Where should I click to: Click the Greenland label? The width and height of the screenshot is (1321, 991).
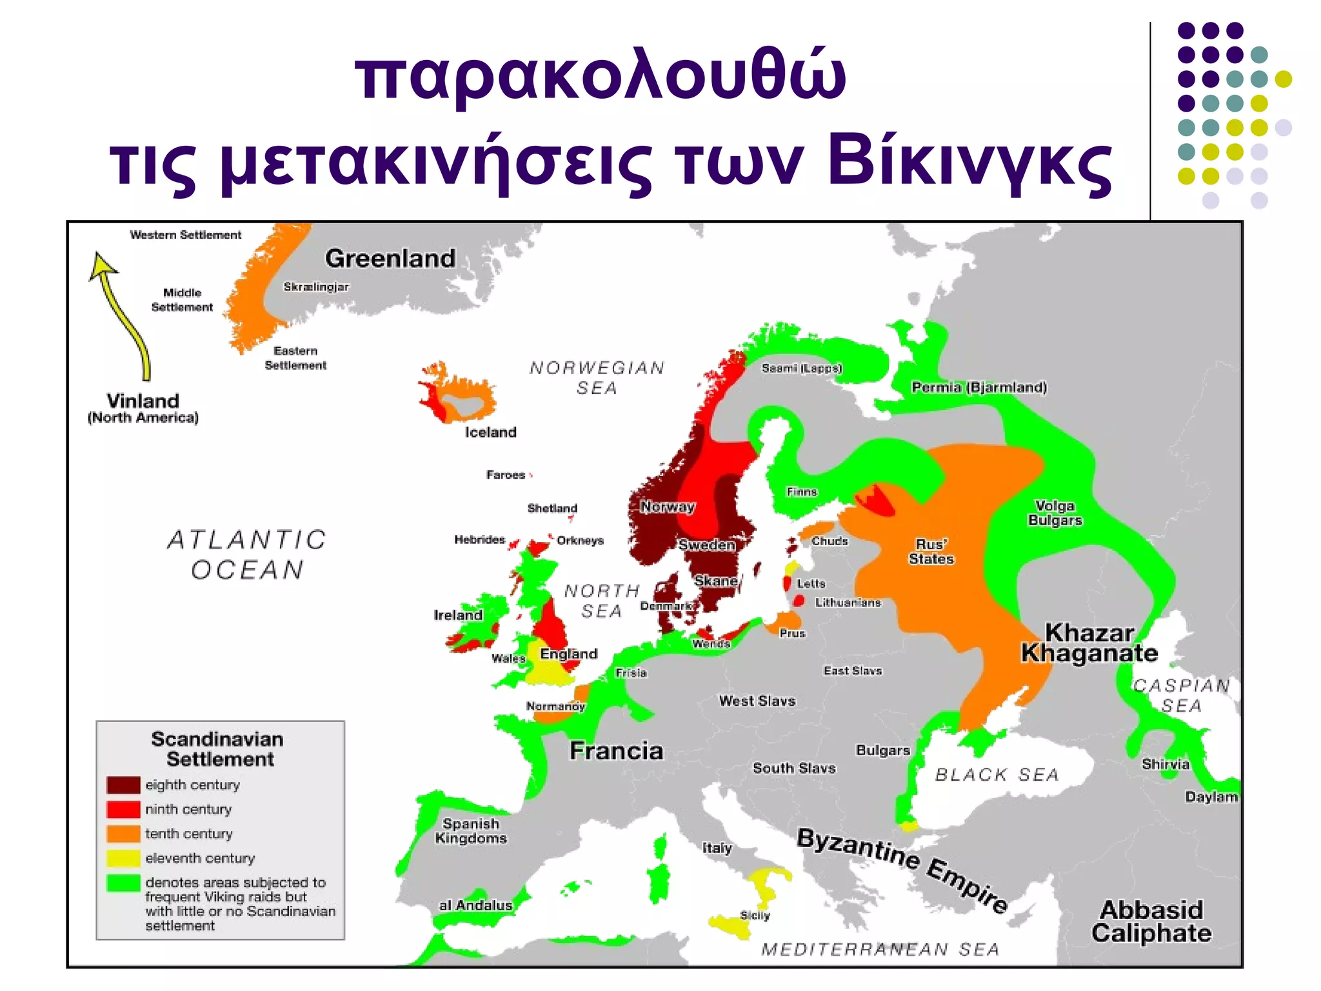pyautogui.click(x=390, y=258)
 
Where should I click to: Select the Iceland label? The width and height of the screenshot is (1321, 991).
pyautogui.click(x=490, y=432)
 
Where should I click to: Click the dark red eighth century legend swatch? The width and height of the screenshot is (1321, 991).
pyautogui.click(x=123, y=785)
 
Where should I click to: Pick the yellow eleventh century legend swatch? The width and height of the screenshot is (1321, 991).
pyautogui.click(x=123, y=858)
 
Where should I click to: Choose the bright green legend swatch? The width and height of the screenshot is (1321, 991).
pyautogui.click(x=123, y=883)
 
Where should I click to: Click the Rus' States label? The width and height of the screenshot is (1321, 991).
pyautogui.click(x=931, y=552)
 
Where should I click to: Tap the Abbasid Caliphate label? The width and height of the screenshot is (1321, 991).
pyautogui.click(x=1151, y=921)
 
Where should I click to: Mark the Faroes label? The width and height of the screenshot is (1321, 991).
pyautogui.click(x=506, y=475)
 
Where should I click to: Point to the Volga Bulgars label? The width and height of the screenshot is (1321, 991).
pyautogui.click(x=1055, y=513)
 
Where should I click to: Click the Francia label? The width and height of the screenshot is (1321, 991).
pyautogui.click(x=616, y=751)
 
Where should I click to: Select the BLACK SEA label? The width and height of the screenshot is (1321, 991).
pyautogui.click(x=997, y=774)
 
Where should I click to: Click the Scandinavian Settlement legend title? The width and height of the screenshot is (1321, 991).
pyautogui.click(x=218, y=749)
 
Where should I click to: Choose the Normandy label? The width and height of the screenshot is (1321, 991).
pyautogui.click(x=555, y=706)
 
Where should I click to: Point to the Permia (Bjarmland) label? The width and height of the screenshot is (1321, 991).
pyautogui.click(x=978, y=387)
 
